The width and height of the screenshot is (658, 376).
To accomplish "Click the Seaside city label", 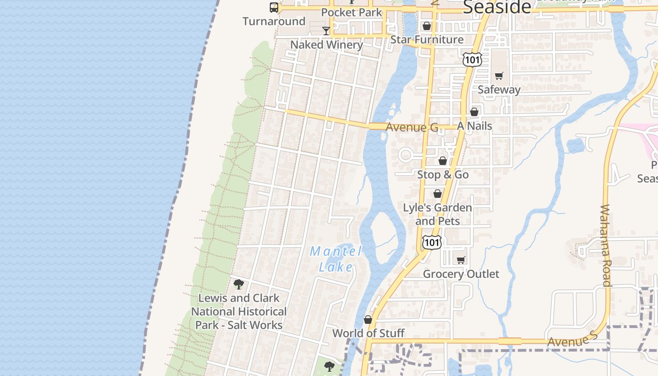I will coord(497,7).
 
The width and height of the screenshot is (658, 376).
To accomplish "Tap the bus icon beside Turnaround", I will coord(274,8).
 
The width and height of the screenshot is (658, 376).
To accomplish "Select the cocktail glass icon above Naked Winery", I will coord(326,31).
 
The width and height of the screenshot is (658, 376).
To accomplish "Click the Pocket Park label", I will coord(352,13).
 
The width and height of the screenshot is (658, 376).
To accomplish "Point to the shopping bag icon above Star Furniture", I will coord(427,26).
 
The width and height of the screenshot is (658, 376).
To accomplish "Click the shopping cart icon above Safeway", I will coord(499,76).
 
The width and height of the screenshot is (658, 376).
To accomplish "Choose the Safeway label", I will coord(499,89).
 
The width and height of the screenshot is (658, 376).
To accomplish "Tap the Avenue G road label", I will coord(412,127).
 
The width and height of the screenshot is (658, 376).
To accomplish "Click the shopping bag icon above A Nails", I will coord(474,112).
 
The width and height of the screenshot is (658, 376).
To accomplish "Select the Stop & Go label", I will coord(443,175).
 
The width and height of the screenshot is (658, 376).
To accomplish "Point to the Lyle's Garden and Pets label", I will coord(438,214).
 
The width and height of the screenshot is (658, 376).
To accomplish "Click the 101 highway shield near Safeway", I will coord(471,59).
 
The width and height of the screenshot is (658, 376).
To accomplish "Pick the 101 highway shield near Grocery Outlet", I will coord(431,242).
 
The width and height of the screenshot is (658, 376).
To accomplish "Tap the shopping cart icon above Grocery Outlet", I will coord(461,260).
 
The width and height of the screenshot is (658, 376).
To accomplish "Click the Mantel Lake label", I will coord(336,259).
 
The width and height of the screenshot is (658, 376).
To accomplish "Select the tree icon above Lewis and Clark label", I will coord(238,284).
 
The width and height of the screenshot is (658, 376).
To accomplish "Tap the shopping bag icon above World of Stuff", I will coord(368,320).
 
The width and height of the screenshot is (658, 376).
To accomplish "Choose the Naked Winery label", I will coord(326,45).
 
